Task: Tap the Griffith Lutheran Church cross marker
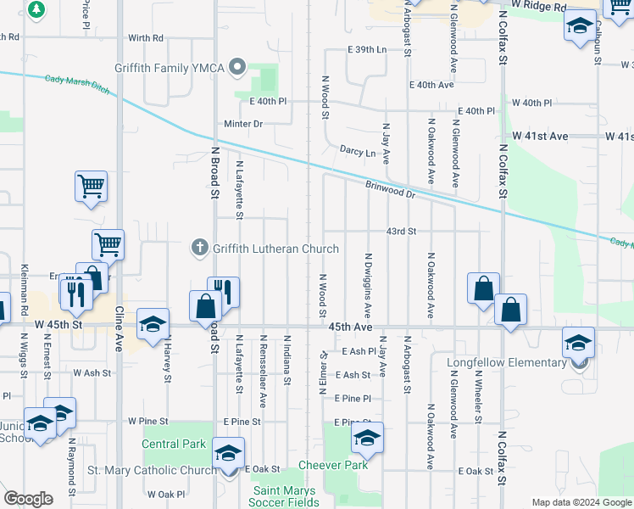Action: [200, 248]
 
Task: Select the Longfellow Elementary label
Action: [507, 363]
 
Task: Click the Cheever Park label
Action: [333, 465]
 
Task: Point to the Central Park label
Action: [174, 444]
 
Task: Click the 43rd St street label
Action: [401, 231]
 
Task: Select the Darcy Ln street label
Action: [358, 153]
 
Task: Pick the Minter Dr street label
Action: [244, 124]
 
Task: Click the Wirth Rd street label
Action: [145, 38]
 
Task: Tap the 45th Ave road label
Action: [351, 327]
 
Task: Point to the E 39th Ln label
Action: [367, 50]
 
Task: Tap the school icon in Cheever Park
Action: [367, 438]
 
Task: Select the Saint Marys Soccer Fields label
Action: [284, 496]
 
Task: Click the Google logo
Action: [28, 499]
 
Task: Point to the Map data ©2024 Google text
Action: [581, 502]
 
